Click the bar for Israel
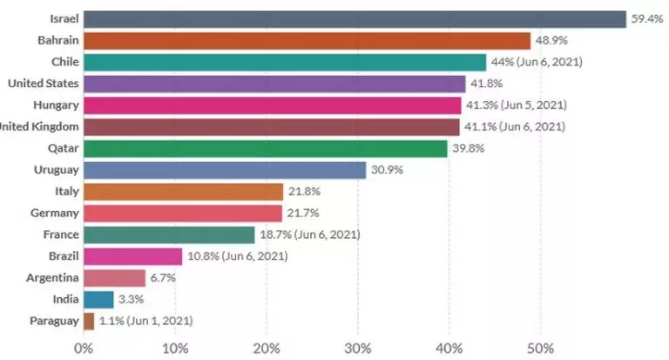click(x=355, y=18)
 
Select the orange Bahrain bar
click(x=307, y=40)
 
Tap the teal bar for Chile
click(x=284, y=62)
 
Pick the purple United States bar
click(x=274, y=84)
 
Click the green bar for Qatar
click(x=265, y=148)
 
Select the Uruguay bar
click(x=224, y=170)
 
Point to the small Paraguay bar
click(x=89, y=321)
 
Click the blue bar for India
click(x=98, y=300)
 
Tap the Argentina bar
click(x=114, y=278)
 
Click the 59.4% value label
click(x=648, y=18)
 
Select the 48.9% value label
click(x=551, y=40)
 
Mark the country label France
click(x=61, y=234)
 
